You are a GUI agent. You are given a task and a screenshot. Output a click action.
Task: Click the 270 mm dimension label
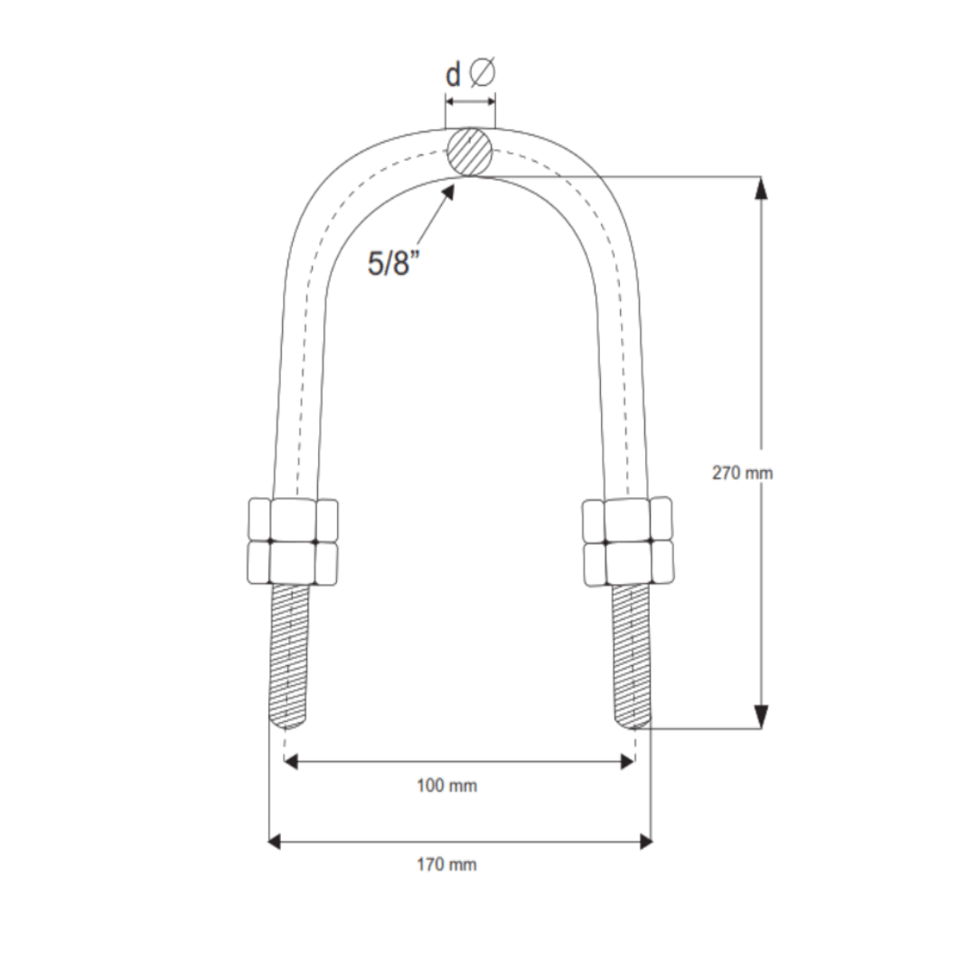point(742,473)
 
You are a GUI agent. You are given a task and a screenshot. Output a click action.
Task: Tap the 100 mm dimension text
point(446,786)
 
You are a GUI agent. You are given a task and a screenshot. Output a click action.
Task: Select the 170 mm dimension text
point(446,865)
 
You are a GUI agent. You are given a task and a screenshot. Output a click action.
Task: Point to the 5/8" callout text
point(395,263)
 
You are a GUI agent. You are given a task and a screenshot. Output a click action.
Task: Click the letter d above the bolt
point(453,75)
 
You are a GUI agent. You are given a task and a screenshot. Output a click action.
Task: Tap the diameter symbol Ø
point(483,73)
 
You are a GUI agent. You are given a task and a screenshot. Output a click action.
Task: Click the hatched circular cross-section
point(471,150)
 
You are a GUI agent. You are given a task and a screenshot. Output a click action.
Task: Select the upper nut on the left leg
point(292,519)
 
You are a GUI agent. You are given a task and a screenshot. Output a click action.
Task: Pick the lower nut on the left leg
point(292,562)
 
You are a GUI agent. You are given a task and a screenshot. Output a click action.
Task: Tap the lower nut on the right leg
point(627,562)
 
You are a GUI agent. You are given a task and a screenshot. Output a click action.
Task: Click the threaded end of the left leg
point(290,655)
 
